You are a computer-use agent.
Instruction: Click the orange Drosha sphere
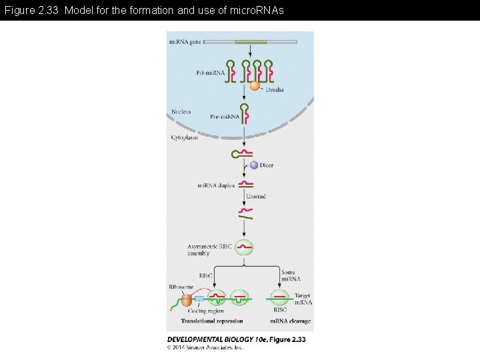pos(255,85)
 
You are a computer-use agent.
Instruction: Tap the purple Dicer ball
pos(253,165)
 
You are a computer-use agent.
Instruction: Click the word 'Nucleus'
pos(181,111)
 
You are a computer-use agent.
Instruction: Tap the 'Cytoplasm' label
pos(184,137)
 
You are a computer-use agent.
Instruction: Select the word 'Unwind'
pos(255,196)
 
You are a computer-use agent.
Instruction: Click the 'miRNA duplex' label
pos(215,185)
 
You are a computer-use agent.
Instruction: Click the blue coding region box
pos(198,299)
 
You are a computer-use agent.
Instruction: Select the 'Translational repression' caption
pos(211,321)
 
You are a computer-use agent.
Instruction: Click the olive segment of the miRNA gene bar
pos(251,42)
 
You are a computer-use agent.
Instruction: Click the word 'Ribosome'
pos(181,287)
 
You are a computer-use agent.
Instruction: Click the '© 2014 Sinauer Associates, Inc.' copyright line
pos(205,347)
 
